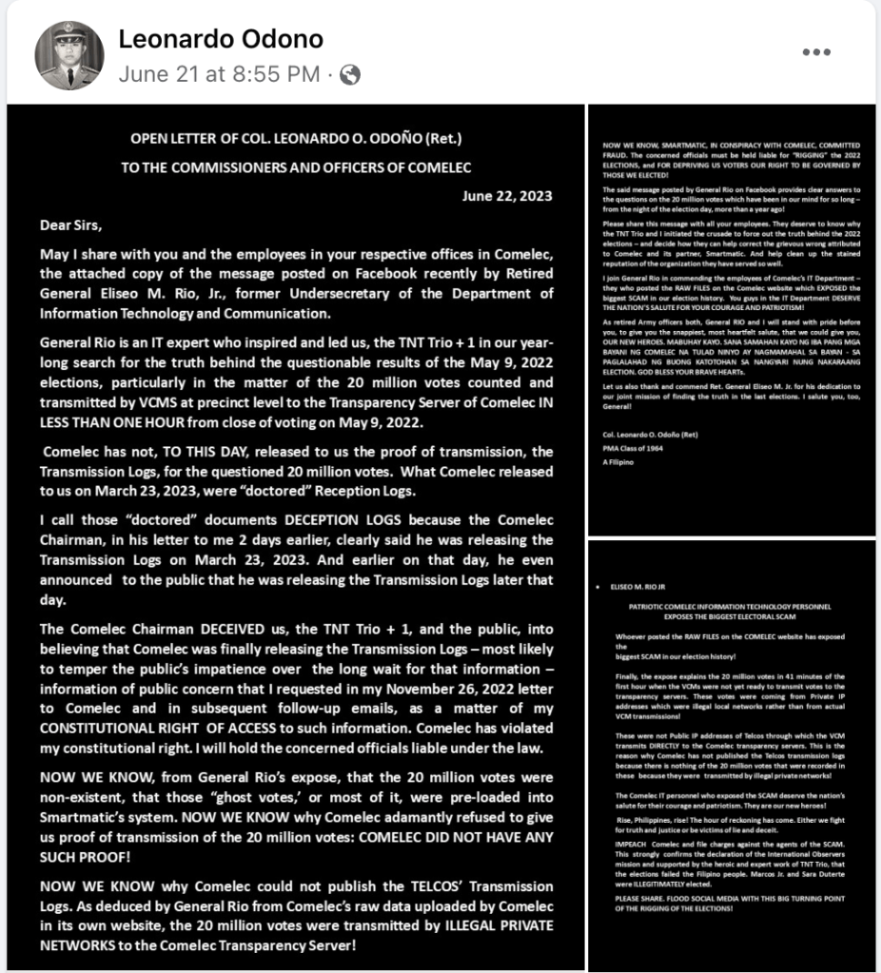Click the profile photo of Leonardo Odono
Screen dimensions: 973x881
(69, 55)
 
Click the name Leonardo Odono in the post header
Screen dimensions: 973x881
(221, 39)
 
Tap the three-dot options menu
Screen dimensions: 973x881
(818, 51)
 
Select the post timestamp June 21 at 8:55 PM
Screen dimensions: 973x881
(219, 74)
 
